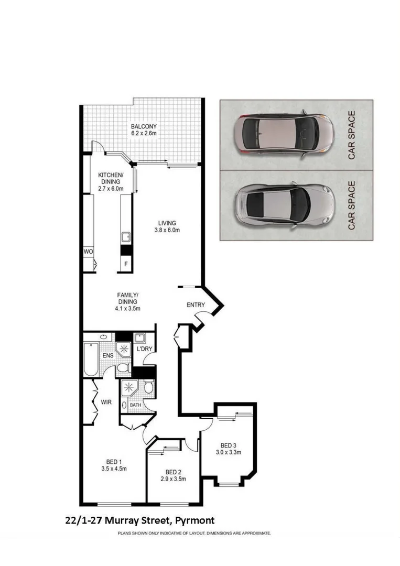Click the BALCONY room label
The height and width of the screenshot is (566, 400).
click(144, 126)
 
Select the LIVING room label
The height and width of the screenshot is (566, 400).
click(167, 223)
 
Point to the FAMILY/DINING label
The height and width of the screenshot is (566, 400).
click(127, 298)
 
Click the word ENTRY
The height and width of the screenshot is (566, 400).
click(195, 305)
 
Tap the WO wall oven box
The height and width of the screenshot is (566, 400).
click(88, 252)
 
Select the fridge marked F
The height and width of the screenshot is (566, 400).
click(126, 264)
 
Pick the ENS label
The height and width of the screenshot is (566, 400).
click(108, 356)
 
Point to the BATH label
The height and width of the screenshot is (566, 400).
click(135, 405)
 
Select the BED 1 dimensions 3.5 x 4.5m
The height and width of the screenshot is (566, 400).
click(114, 469)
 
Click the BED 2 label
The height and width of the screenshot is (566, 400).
click(172, 471)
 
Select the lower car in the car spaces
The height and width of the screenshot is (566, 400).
click(283, 204)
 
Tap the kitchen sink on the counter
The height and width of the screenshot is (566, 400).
click(126, 237)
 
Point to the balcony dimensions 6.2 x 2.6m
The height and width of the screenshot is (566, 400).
click(144, 134)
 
